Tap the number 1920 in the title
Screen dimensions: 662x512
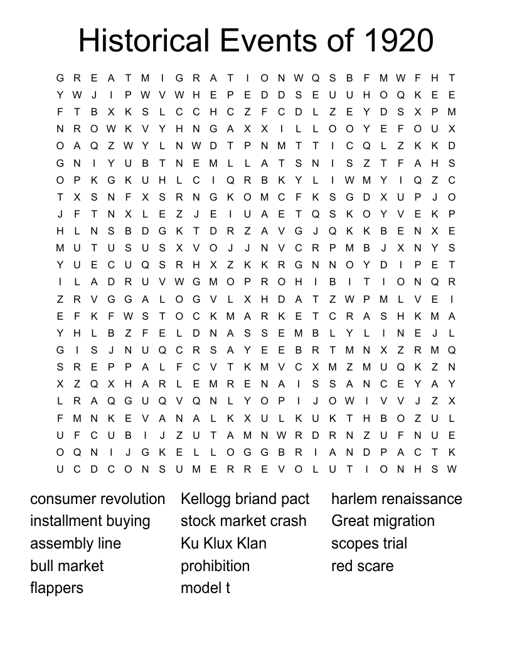397,41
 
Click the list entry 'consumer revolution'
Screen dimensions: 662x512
97,499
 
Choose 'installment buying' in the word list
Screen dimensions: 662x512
90,521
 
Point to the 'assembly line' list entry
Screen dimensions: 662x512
75,544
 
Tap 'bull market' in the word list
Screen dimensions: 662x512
67,565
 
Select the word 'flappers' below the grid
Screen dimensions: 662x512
56,588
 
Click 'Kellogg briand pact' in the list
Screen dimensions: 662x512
245,499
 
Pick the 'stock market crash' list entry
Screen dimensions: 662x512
243,521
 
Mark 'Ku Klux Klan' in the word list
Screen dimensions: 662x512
223,544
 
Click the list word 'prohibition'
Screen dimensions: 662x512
215,565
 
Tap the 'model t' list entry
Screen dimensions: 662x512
205,588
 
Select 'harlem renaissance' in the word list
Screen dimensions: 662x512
397,499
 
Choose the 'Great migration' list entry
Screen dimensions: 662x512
383,521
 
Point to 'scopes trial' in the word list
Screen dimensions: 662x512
369,544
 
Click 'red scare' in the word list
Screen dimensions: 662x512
362,565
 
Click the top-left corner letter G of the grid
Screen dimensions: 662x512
60,78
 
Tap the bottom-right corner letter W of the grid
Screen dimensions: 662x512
452,469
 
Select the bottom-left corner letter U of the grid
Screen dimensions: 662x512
60,469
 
